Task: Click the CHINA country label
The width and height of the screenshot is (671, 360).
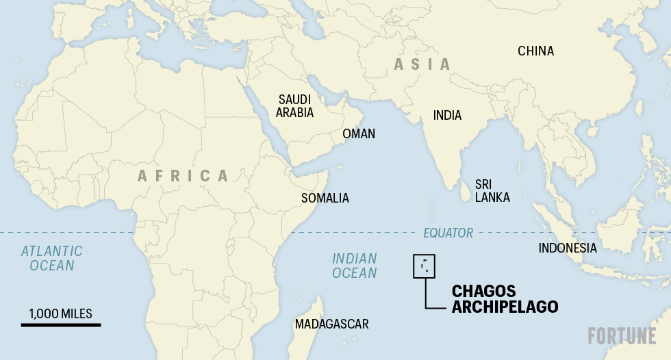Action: pos(535,51)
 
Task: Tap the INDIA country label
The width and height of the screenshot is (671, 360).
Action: pos(447,116)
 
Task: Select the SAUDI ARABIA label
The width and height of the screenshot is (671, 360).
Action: pos(294,106)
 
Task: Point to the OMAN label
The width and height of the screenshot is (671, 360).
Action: pos(359,133)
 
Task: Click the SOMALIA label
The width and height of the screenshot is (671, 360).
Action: pos(325,198)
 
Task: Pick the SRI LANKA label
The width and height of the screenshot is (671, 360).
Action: pos(492,191)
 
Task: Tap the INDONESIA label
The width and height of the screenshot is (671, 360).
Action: pos(568,248)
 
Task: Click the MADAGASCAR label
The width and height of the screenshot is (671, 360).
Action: pos(331,324)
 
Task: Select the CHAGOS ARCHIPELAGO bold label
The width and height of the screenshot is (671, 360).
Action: pos(505,299)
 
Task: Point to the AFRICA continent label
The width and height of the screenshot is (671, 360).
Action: pos(183,176)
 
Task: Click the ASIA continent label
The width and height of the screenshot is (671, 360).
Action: pos(422,64)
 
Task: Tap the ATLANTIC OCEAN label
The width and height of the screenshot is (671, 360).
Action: pos(51,259)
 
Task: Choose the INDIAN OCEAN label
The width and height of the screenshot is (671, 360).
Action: pos(355,266)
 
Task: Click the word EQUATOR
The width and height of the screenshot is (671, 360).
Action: pos(448,233)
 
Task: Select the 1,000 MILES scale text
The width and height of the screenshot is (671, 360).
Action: pos(60,313)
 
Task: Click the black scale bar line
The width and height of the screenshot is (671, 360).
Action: pos(60,324)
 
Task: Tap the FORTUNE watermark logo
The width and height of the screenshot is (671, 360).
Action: pos(622,336)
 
